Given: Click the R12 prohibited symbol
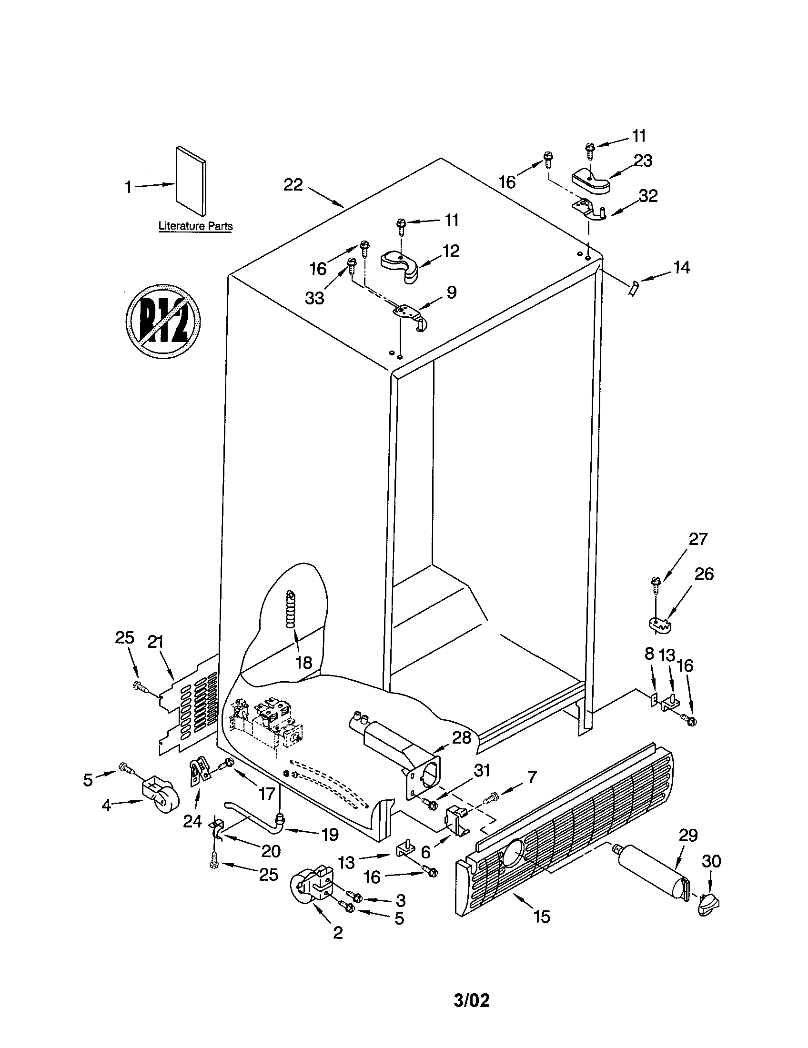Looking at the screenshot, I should [163, 320].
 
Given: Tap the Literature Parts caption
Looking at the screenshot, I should [195, 226].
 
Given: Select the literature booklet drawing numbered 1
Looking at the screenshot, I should [191, 181].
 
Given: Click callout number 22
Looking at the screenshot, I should [293, 185].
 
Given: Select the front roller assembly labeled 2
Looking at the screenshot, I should [312, 888].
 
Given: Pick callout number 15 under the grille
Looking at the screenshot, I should [542, 917].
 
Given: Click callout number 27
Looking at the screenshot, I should [698, 539].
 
